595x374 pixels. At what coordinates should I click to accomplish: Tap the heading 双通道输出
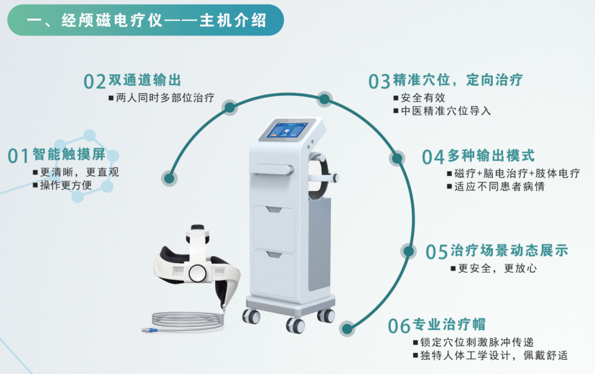pyautogui.click(x=145, y=80)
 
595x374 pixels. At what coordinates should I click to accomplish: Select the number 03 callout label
pyautogui.click(x=379, y=82)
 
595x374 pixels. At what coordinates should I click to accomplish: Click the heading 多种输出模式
pyautogui.click(x=491, y=155)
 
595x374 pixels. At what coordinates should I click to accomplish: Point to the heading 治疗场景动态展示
pyautogui.click(x=509, y=250)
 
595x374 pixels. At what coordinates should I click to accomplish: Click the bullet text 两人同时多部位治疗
pyautogui.click(x=165, y=98)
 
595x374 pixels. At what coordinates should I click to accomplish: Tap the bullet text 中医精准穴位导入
pyautogui.click(x=446, y=111)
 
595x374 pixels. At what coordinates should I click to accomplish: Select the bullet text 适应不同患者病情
pyautogui.click(x=500, y=186)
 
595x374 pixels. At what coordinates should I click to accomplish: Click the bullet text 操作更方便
pyautogui.click(x=66, y=185)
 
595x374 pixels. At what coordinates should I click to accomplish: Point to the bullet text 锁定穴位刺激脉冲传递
pyautogui.click(x=477, y=342)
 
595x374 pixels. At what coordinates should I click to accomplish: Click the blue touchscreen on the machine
pyautogui.click(x=288, y=130)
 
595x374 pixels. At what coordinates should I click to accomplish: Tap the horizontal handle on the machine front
pyautogui.click(x=272, y=169)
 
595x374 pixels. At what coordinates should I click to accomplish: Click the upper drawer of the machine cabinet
pyautogui.click(x=274, y=228)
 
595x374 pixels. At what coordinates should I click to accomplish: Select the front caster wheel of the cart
pyautogui.click(x=295, y=325)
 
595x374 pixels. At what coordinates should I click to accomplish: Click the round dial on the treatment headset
pyautogui.click(x=198, y=272)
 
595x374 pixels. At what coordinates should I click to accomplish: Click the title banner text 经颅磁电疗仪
pyautogui.click(x=112, y=20)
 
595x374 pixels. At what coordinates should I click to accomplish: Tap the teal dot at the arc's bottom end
pyautogui.click(x=347, y=328)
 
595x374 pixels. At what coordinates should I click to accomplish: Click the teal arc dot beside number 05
pyautogui.click(x=408, y=251)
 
